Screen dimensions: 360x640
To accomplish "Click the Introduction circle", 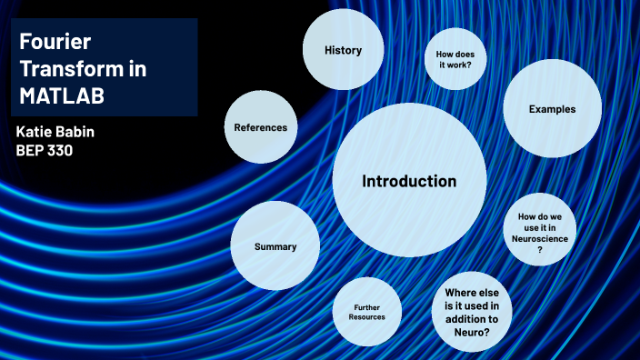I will (409, 180).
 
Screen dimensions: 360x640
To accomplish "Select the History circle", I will (343, 51).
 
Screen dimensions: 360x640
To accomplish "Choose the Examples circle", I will (552, 109).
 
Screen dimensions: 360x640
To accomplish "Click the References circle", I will (260, 127).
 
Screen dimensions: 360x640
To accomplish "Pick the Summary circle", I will (275, 246).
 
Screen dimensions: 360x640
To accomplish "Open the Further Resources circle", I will (368, 312).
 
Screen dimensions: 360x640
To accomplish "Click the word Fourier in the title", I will (51, 42).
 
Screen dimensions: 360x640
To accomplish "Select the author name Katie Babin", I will (55, 132).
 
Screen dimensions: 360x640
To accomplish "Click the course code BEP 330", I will (45, 151).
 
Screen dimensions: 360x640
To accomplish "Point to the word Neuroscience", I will (540, 238).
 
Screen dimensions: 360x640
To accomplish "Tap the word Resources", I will (368, 317).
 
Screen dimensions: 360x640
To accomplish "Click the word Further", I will (368, 306).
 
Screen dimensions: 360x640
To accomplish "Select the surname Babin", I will (74, 132).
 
